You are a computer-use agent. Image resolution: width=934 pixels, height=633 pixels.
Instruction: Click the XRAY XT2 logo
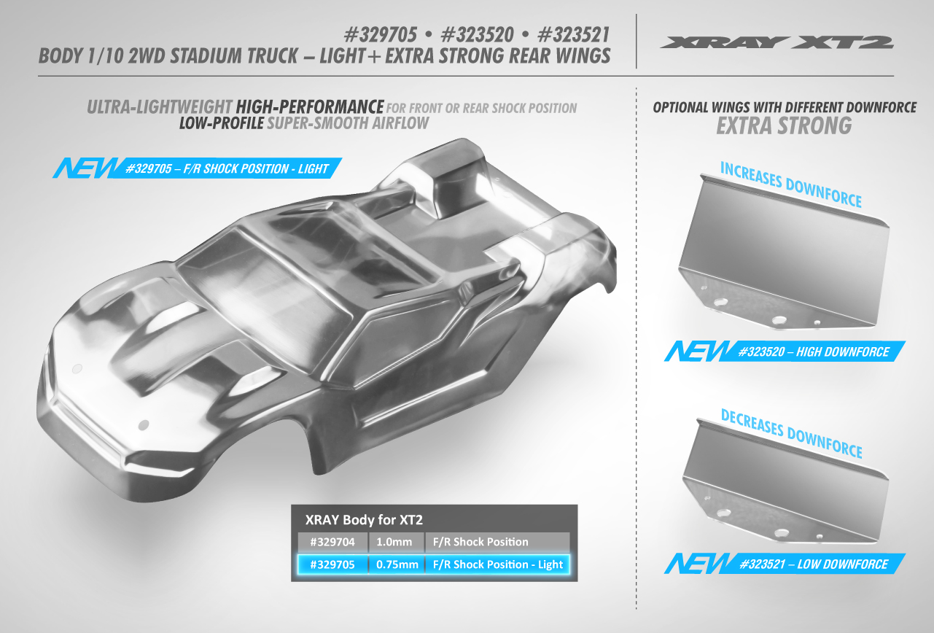(777, 43)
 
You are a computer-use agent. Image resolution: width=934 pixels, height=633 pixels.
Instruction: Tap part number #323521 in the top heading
(574, 34)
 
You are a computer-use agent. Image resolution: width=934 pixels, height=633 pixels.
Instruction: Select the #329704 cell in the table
(332, 542)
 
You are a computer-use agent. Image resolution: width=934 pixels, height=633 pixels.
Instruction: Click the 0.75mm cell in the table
(397, 564)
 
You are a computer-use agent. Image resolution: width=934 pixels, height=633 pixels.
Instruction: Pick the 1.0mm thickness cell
(394, 542)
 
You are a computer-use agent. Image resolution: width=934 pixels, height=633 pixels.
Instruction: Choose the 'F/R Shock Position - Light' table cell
(498, 564)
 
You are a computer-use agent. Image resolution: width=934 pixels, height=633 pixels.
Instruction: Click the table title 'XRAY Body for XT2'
(364, 519)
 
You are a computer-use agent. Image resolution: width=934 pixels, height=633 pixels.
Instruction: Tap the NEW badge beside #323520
(697, 351)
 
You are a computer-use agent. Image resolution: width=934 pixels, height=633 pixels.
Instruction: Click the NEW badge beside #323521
(697, 564)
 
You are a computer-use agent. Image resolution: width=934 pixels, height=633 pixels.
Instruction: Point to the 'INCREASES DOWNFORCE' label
(791, 185)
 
